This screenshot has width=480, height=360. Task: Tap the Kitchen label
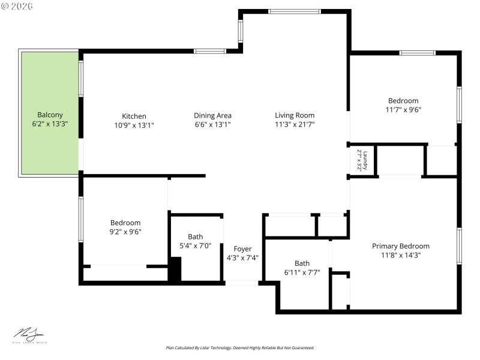pos(134,116)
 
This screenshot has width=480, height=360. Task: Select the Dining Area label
pos(212,115)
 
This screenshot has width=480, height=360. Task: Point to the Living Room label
pos(295,115)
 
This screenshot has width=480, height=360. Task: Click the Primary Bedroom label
pos(401,246)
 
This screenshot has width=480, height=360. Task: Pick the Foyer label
pos(242,249)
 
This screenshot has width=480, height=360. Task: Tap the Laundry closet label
pos(365,160)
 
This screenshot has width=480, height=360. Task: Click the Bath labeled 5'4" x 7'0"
pos(196,236)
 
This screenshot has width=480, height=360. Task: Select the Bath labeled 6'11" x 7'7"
pos(302,263)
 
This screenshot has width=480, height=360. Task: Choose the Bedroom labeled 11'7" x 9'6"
pos(403,101)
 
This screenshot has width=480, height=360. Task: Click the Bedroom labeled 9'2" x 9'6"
pos(125,223)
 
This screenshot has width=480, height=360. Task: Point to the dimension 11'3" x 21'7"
pos(295,124)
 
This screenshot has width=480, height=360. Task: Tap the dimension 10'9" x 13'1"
pos(134,125)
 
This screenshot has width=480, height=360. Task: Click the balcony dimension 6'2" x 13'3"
pos(50,124)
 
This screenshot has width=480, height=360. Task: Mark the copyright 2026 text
pos(17,6)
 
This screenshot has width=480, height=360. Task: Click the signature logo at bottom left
pos(29,334)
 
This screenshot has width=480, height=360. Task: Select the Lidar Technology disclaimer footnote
pos(240,348)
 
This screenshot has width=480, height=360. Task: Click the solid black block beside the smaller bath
pos(175,269)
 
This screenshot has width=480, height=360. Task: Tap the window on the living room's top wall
pos(294,11)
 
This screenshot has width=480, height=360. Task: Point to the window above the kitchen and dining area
pos(209,51)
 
